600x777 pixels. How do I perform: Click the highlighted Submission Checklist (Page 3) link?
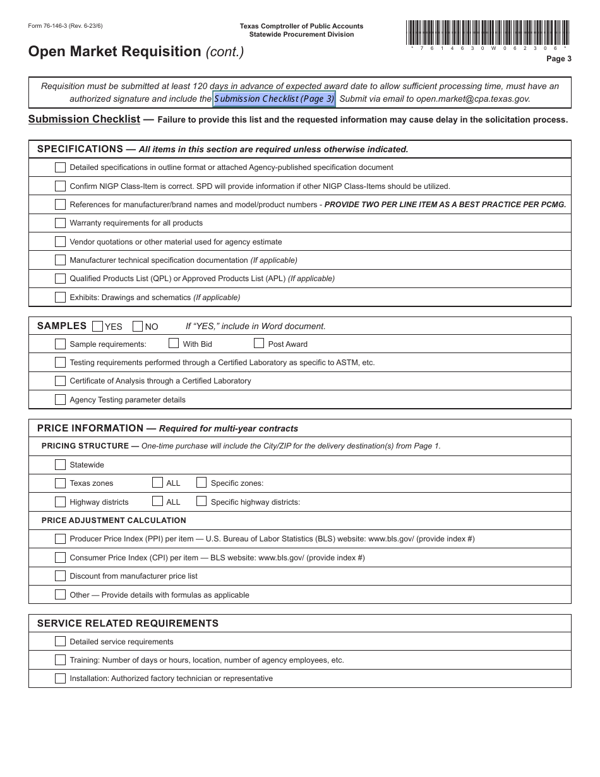click(x=274, y=99)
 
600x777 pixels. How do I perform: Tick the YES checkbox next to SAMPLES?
click(x=97, y=327)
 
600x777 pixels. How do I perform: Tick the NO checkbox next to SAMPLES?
click(x=138, y=327)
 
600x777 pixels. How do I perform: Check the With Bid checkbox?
click(x=174, y=344)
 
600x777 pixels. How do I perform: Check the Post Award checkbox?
click(x=259, y=344)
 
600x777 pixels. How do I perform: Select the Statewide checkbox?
click(x=60, y=465)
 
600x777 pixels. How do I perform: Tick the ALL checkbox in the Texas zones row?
click(x=158, y=483)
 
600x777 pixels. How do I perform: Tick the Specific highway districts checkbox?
click(x=201, y=502)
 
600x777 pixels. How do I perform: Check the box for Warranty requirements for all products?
click(x=60, y=223)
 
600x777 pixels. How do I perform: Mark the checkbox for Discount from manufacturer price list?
click(x=60, y=576)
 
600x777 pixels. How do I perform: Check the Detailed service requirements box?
click(x=60, y=642)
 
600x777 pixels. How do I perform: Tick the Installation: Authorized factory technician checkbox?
click(x=60, y=678)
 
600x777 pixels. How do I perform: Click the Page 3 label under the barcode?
click(x=558, y=59)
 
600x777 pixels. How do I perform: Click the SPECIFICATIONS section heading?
click(x=80, y=149)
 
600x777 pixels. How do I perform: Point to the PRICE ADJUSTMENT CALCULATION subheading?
click(x=114, y=521)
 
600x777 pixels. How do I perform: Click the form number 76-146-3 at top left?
click(x=65, y=26)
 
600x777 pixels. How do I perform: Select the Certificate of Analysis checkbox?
click(x=60, y=381)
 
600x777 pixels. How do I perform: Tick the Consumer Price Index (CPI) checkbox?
click(x=60, y=558)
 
